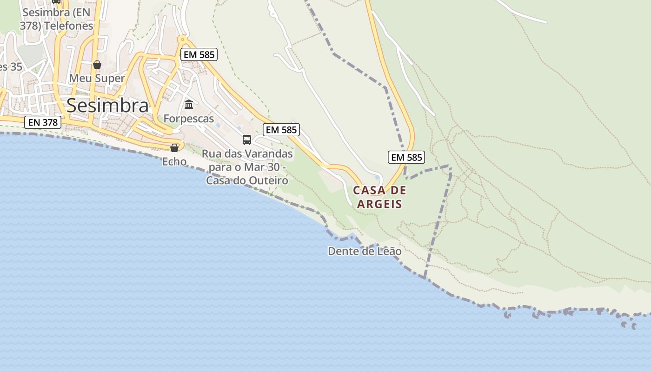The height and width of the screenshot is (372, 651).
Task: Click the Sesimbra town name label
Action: (107, 106)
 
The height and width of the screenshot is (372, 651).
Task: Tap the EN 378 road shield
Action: (43, 122)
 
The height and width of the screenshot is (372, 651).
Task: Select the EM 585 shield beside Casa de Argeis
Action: (406, 157)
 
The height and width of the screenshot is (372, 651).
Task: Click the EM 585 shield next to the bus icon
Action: (281, 130)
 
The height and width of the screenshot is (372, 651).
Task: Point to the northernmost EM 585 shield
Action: (199, 54)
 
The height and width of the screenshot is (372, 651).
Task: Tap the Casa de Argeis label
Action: (379, 197)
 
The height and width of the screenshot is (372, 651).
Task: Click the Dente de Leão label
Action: (365, 251)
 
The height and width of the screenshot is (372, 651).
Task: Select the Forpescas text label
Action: (189, 119)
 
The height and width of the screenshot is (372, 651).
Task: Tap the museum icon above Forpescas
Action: (189, 104)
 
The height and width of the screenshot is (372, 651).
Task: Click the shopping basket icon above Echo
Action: (174, 148)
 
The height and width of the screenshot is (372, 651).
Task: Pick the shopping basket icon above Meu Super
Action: (97, 65)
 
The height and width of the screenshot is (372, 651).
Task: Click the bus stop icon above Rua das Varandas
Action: (247, 139)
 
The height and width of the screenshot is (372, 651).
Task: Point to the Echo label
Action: (174, 162)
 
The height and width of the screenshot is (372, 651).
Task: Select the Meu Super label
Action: (97, 78)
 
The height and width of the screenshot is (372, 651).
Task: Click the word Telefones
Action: (69, 26)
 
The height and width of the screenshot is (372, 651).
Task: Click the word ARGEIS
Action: (379, 204)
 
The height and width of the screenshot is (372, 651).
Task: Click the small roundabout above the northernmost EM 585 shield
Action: (183, 39)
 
